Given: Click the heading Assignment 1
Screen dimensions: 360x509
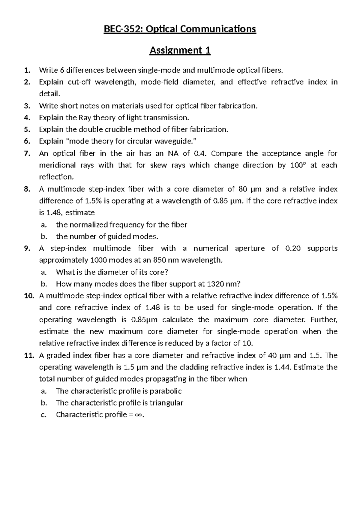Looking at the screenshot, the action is (x=180, y=50).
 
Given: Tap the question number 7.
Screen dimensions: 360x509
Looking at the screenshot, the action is (x=27, y=154).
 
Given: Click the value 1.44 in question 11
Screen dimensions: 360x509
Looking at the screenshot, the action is (x=281, y=367).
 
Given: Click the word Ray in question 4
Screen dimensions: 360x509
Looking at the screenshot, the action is (x=85, y=118).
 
